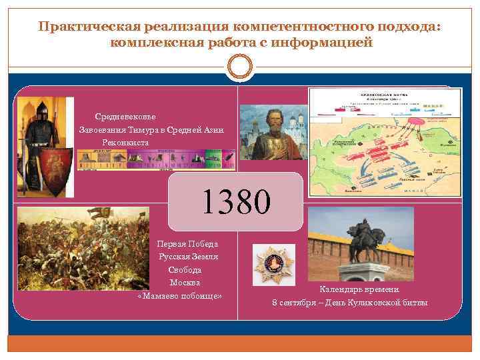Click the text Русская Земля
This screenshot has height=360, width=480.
click(187, 257)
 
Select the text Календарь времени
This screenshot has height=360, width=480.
click(359, 289)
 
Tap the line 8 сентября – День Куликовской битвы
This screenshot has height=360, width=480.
click(350, 303)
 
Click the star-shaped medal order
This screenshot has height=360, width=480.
click(274, 264)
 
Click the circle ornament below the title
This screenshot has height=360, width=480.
click(239, 67)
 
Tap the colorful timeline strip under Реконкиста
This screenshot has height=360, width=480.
click(156, 159)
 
